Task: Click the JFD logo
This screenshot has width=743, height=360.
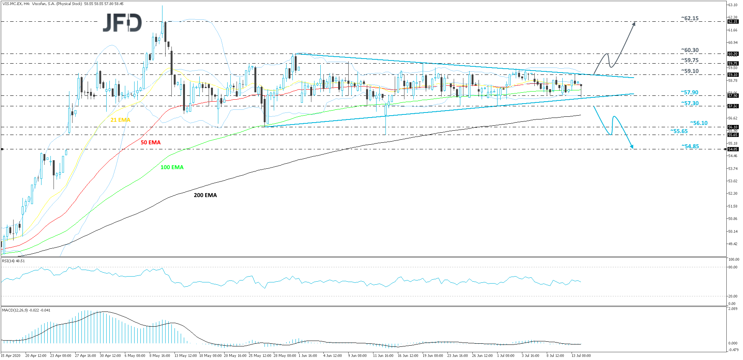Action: pos(122,23)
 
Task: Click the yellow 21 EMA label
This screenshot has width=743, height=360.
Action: pos(120,120)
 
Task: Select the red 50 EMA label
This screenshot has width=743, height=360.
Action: pos(150,142)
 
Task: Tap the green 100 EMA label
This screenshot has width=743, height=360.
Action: pos(172,167)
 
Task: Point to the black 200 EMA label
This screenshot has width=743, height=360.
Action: pos(205,195)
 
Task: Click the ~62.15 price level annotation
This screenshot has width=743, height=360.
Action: pos(689,18)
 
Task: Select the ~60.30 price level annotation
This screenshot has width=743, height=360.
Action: pos(689,50)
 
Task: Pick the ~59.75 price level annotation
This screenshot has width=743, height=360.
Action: pos(689,60)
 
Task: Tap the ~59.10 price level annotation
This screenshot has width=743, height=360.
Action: pos(689,71)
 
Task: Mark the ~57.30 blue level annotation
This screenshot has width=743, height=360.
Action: pos(689,103)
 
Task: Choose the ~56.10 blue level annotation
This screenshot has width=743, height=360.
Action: pos(698,123)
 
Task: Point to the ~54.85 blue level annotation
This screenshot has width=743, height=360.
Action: pos(690,146)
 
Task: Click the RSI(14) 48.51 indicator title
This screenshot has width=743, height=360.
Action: pos(14,261)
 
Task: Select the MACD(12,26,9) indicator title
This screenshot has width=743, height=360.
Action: pos(26,310)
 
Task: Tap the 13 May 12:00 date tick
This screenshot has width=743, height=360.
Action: pos(185,355)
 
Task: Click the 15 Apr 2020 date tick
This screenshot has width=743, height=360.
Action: pos(11,355)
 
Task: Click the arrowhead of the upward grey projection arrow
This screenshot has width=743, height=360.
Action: pos(634,23)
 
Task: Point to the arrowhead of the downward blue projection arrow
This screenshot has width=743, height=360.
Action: pos(632,147)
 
